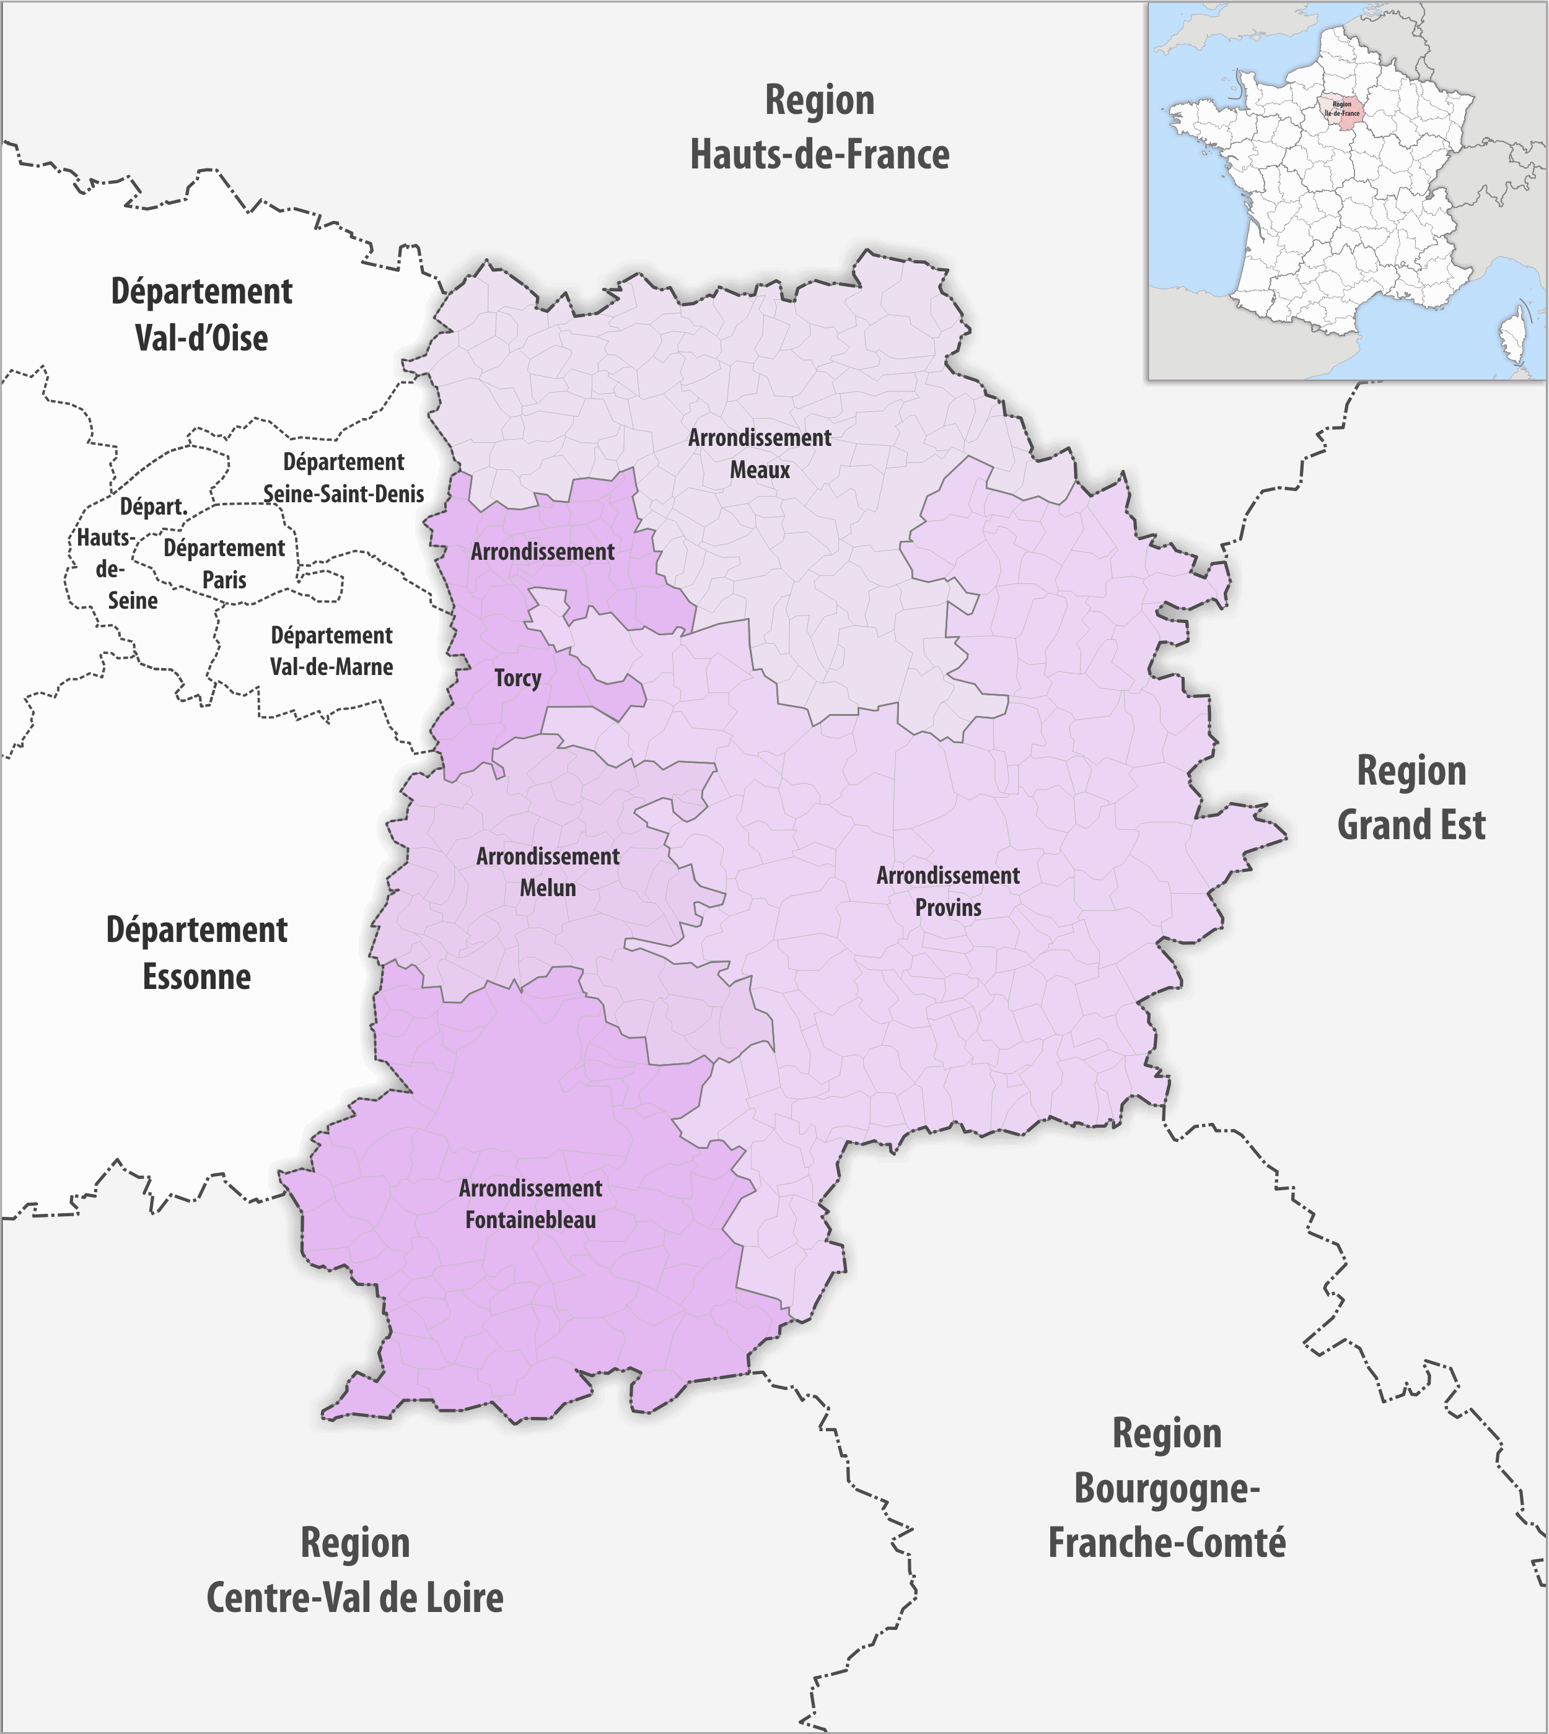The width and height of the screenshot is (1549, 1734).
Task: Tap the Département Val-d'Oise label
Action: click(x=202, y=315)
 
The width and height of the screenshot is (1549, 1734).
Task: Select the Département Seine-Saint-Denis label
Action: click(x=344, y=478)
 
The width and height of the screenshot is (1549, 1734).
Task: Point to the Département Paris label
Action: click(x=224, y=564)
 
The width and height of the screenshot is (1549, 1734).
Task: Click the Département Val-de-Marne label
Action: click(x=332, y=651)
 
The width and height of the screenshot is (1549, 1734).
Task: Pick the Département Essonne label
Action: click(x=196, y=953)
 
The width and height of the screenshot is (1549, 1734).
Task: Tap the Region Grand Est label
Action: click(x=1411, y=798)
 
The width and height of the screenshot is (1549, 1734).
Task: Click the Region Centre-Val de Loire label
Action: click(x=355, y=1570)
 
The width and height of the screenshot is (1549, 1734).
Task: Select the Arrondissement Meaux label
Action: click(x=759, y=453)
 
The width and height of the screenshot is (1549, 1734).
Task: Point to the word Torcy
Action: click(x=517, y=678)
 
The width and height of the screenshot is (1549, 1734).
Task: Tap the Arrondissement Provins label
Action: click(x=948, y=891)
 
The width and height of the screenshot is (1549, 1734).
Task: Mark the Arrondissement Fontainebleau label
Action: click(x=530, y=1204)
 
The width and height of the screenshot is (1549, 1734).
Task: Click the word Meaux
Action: click(x=759, y=469)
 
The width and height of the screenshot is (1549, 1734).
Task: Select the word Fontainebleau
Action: click(x=530, y=1220)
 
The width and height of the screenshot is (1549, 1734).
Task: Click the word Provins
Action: click(x=948, y=907)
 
